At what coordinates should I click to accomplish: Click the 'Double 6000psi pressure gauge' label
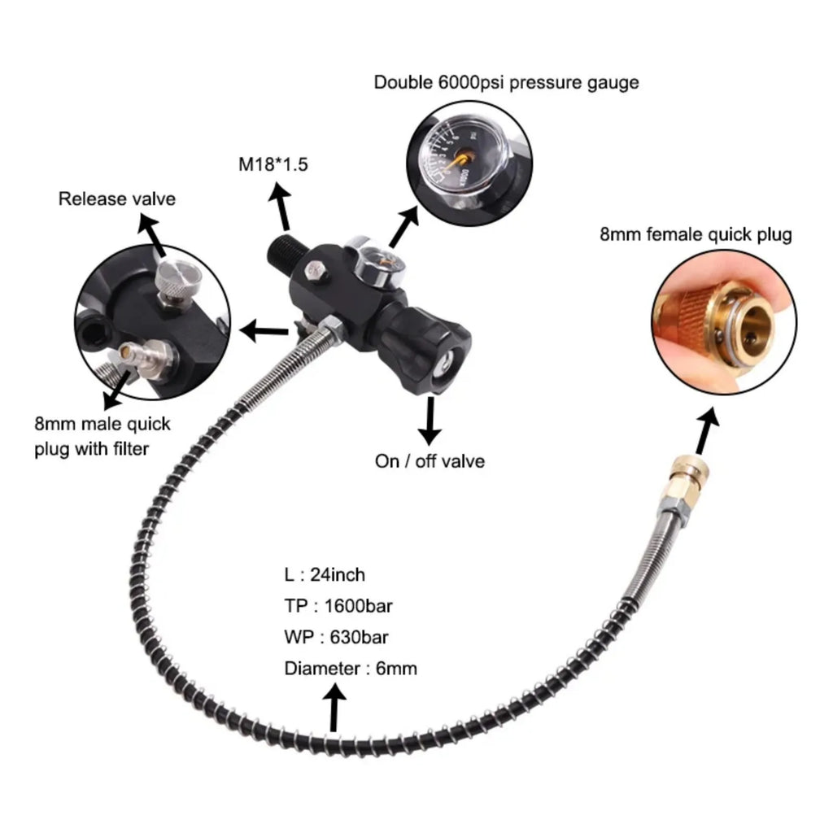pyautogui.click(x=506, y=82)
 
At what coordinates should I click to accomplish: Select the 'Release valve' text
pyautogui.click(x=116, y=198)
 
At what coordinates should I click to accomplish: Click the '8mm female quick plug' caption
pyautogui.click(x=695, y=235)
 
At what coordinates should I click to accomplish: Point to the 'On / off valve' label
pyautogui.click(x=430, y=461)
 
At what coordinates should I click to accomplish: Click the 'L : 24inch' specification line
pyautogui.click(x=325, y=575)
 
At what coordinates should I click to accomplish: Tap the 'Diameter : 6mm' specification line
pyautogui.click(x=351, y=669)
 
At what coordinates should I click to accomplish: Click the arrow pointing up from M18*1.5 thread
pyautogui.click(x=282, y=208)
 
